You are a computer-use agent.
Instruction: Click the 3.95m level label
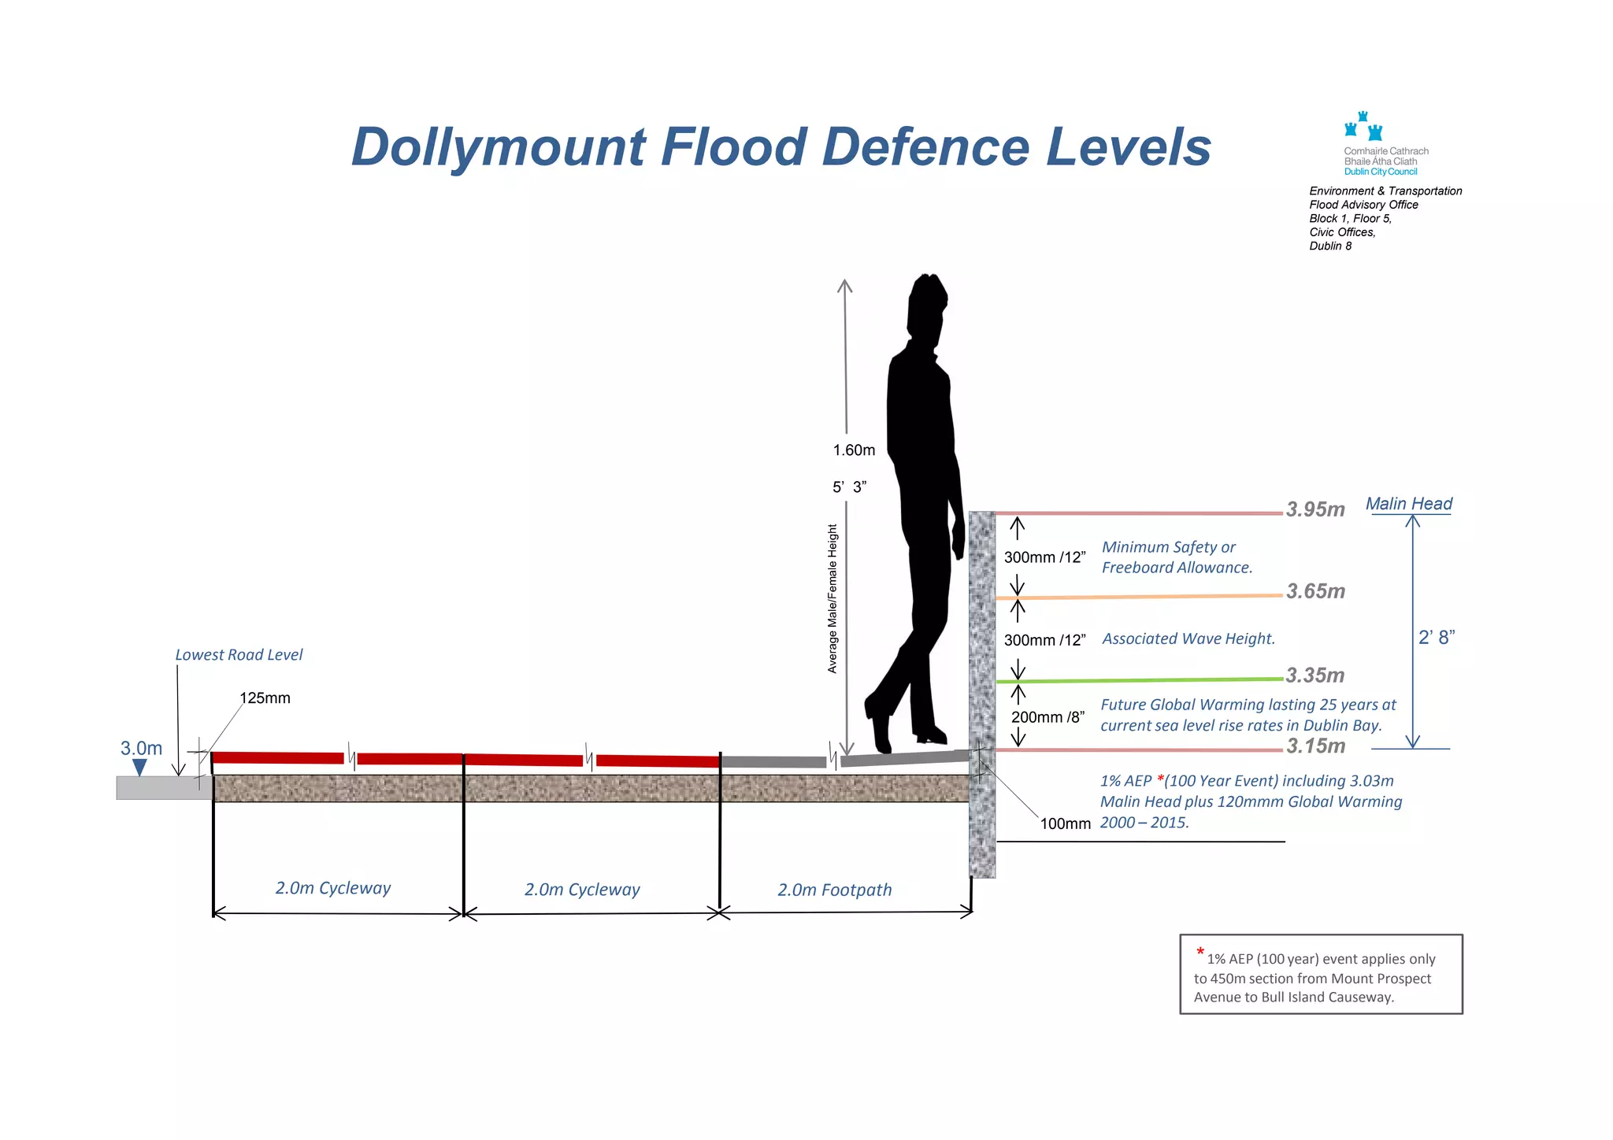coord(1315,509)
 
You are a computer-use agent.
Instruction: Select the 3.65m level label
coord(1315,591)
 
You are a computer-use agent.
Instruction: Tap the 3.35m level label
coord(1315,675)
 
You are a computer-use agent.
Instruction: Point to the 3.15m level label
coord(1315,746)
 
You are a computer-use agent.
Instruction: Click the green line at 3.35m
coord(1142,680)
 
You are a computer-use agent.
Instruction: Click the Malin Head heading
coord(1408,504)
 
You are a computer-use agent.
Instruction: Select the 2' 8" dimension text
coord(1436,638)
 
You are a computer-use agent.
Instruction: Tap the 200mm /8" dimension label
coord(1048,717)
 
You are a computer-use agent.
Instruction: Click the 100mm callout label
coord(1065,824)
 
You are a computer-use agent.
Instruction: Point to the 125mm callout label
coord(265,698)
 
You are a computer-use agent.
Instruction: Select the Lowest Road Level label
coord(239,655)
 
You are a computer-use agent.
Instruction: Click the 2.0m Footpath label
coord(834,890)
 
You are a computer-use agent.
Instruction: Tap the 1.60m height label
coord(854,450)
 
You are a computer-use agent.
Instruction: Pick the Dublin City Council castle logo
coord(1363,127)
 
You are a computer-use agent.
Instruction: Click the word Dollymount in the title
coord(499,147)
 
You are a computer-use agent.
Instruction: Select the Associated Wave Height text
coord(1188,638)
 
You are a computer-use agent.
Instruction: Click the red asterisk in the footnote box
coord(1200,953)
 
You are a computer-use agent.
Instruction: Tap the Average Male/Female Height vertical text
coord(832,598)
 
